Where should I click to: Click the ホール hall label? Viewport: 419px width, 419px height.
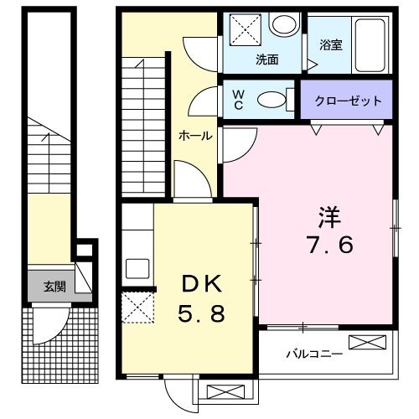[194, 136]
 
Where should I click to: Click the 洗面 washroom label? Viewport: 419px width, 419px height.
[266, 59]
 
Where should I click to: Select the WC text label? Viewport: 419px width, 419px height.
[237, 100]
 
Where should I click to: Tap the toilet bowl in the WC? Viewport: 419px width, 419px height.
[271, 100]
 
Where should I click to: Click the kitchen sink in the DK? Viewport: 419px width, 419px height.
[137, 269]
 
